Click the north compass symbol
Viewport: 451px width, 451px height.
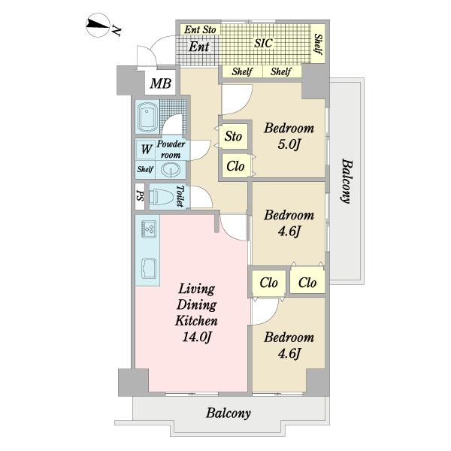(98, 25)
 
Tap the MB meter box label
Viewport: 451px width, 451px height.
(161, 83)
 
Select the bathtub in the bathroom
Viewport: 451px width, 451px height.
(147, 117)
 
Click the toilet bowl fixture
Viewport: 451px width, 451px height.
(162, 196)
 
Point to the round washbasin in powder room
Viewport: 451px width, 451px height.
(171, 170)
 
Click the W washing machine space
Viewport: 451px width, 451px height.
(147, 150)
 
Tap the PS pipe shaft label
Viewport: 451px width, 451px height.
(140, 196)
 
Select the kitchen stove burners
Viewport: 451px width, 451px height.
(149, 229)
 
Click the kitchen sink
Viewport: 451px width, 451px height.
(149, 268)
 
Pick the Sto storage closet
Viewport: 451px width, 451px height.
(233, 136)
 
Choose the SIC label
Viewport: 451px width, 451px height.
(264, 43)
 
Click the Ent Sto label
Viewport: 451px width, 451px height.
(200, 29)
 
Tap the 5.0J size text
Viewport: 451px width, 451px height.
(289, 144)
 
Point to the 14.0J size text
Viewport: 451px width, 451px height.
(197, 337)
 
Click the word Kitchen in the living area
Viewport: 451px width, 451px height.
(196, 320)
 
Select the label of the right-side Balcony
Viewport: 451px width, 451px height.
(347, 181)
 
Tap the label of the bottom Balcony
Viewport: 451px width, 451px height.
(229, 413)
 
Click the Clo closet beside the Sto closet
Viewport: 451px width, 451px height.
(235, 166)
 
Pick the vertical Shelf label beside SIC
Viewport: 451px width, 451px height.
(319, 44)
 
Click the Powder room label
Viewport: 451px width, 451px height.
(171, 149)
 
